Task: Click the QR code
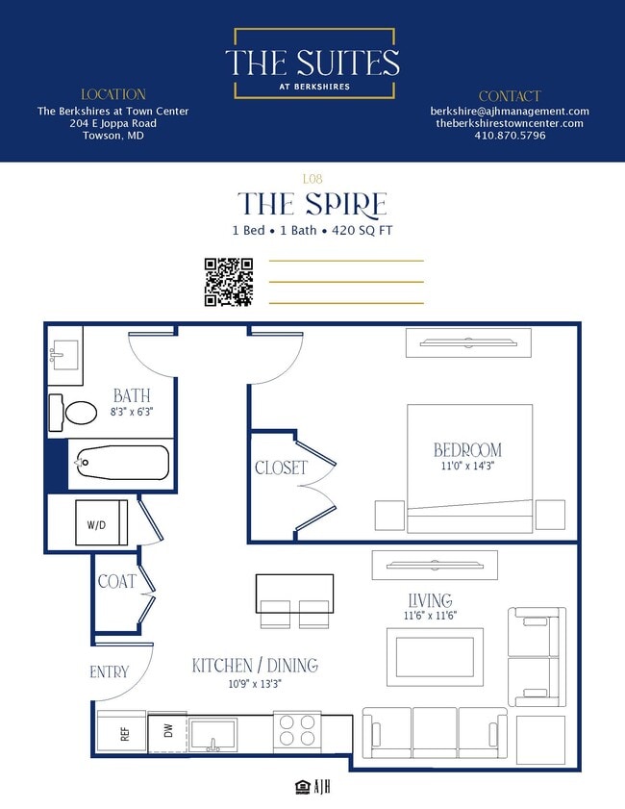229,282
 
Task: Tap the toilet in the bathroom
73,413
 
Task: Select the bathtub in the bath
123,463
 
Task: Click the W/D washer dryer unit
101,522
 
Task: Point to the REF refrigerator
122,733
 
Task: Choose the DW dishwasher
167,733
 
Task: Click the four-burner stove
296,730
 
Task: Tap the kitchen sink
213,735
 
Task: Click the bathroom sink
64,355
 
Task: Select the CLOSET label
281,468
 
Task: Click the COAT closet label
117,581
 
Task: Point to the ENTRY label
110,671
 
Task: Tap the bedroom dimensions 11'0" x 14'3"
467,466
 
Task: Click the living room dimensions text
430,616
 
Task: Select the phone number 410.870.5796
510,136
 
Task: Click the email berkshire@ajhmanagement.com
510,112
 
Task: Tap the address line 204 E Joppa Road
112,123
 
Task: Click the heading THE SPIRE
312,204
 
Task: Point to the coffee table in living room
436,657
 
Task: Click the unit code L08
312,179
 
